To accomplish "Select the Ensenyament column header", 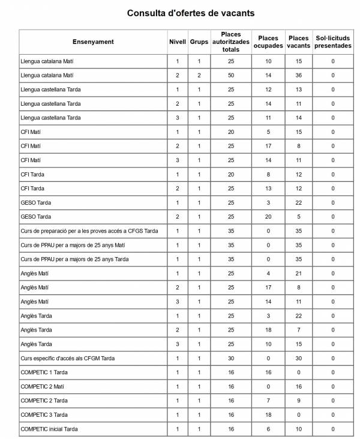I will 93,41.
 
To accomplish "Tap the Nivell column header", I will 178,41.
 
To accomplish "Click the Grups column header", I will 199,41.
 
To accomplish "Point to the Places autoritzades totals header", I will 230,41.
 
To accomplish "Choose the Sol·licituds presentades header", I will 333,41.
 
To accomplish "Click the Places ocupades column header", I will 268,41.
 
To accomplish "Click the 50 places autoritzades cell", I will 230,75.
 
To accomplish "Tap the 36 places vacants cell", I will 299,75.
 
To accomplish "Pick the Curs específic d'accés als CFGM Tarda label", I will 68,358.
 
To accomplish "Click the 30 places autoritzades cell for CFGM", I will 230,358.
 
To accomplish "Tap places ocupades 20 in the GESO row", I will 268,216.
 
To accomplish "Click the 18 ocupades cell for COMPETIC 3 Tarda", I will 268,414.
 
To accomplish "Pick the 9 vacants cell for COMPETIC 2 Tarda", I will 299,401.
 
